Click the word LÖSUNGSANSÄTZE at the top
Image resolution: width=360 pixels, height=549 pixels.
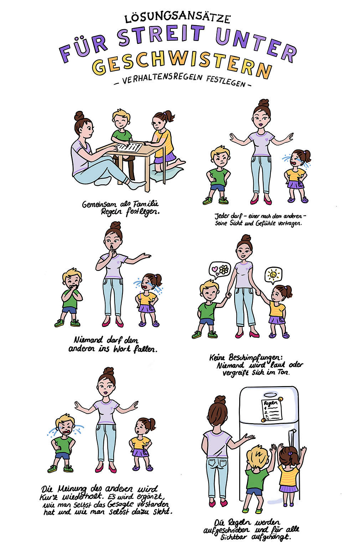click(177, 18)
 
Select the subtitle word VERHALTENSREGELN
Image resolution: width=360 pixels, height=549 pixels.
click(162, 78)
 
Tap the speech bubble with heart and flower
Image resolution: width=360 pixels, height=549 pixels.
click(220, 270)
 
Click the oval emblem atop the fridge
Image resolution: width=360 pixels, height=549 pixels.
click(270, 395)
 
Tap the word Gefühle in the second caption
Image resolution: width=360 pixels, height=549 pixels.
click(266, 223)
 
